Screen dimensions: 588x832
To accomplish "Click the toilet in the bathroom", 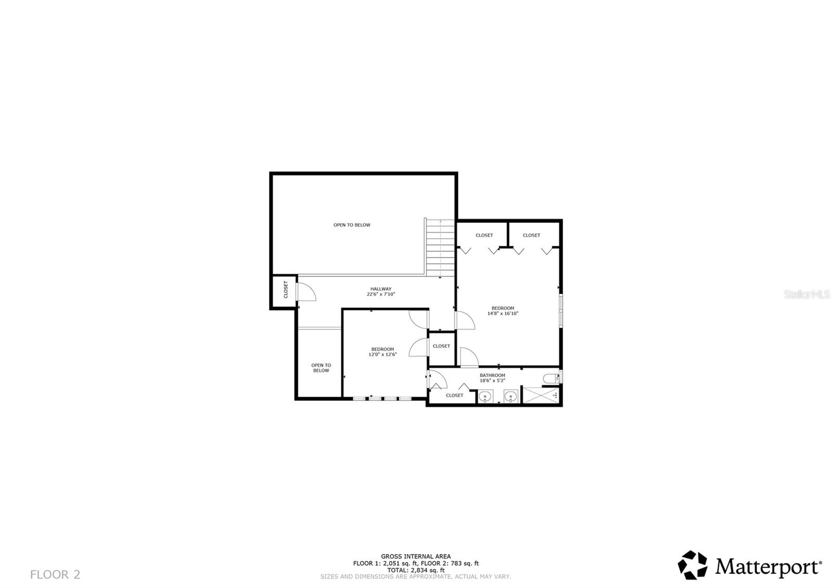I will (x=550, y=378).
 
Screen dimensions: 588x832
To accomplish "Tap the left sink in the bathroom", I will (x=485, y=397).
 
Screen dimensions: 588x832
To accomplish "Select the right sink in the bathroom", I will (x=511, y=397).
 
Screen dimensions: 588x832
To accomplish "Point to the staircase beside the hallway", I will (x=440, y=248).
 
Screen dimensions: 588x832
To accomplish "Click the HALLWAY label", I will (x=381, y=289).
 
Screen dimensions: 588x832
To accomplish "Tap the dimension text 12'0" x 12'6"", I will (x=383, y=354).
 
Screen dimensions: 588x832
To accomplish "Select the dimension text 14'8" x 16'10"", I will (x=503, y=313).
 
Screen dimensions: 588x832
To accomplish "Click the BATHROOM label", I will (x=492, y=375).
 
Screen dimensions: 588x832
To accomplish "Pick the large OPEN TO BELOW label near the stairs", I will (x=352, y=225).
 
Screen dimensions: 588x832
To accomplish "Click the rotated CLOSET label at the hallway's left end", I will (x=285, y=290).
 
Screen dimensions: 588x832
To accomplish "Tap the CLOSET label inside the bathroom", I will (x=454, y=395).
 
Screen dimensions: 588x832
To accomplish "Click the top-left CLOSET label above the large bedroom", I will (x=484, y=235).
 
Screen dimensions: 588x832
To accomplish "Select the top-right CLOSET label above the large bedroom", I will (x=531, y=235).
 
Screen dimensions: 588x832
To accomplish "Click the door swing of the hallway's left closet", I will (x=307, y=291).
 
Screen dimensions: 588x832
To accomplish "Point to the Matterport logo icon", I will (x=693, y=565).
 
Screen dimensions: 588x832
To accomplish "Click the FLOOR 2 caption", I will (x=55, y=574).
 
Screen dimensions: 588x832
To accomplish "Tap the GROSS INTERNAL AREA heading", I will (x=416, y=556).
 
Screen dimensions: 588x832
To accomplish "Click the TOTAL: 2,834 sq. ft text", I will (x=416, y=570).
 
